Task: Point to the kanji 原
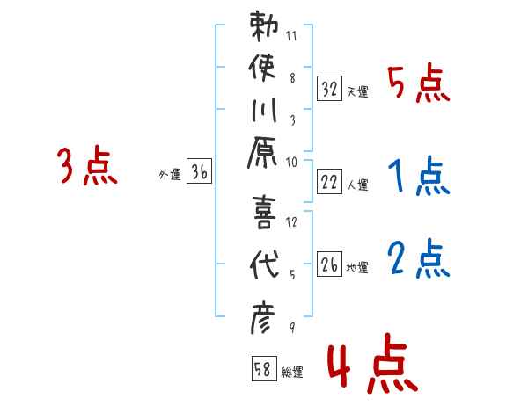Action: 265,156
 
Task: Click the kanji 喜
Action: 265,212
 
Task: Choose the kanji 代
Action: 265,263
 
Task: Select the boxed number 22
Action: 330,182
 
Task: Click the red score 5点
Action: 418,85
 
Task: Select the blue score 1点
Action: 418,178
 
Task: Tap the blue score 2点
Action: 418,259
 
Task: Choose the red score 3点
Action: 87,168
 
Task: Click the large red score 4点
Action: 370,368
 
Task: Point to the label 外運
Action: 169,175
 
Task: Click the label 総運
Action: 292,373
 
